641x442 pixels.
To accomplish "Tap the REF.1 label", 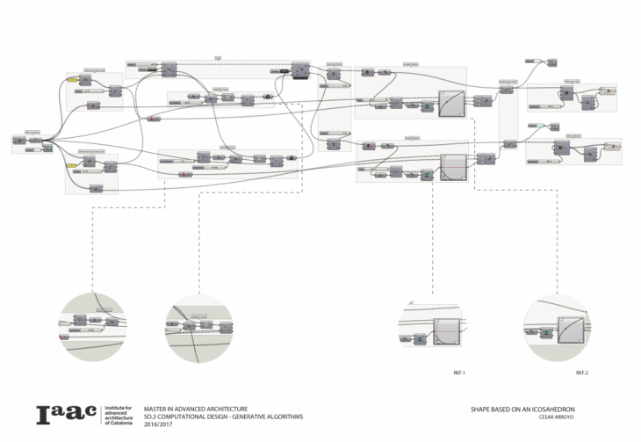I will (458, 373).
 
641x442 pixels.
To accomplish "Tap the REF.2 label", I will (581, 373).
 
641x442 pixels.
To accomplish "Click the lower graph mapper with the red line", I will (452, 168).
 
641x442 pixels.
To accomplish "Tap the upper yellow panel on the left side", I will (73, 80).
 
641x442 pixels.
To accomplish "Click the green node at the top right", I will (551, 62).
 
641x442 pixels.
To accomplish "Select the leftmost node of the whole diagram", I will (18, 138).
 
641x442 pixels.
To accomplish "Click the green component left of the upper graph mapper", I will (427, 107).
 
